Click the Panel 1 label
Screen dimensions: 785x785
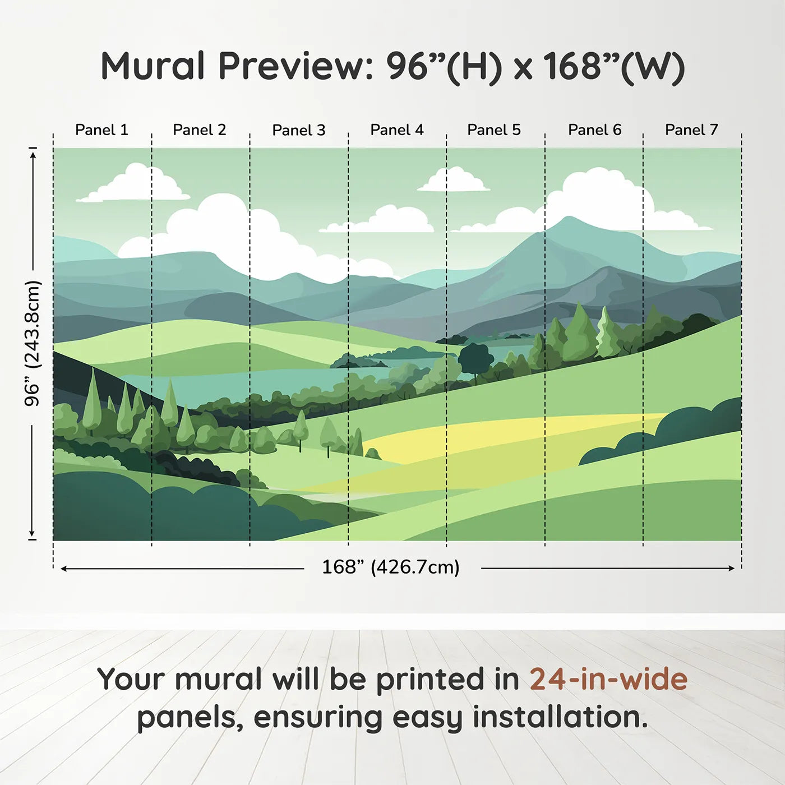(102, 130)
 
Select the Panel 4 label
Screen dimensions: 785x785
(397, 130)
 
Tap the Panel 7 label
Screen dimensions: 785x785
(691, 130)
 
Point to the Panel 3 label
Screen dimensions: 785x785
(299, 130)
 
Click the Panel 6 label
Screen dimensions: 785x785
(595, 130)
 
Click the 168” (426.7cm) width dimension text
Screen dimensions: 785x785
(391, 567)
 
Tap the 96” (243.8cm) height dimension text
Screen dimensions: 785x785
(32, 343)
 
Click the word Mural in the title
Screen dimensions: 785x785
(153, 66)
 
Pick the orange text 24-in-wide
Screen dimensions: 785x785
(608, 679)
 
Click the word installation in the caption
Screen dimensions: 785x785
(561, 717)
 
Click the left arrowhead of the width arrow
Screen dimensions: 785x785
(63, 569)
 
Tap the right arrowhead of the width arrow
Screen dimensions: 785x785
(732, 568)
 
